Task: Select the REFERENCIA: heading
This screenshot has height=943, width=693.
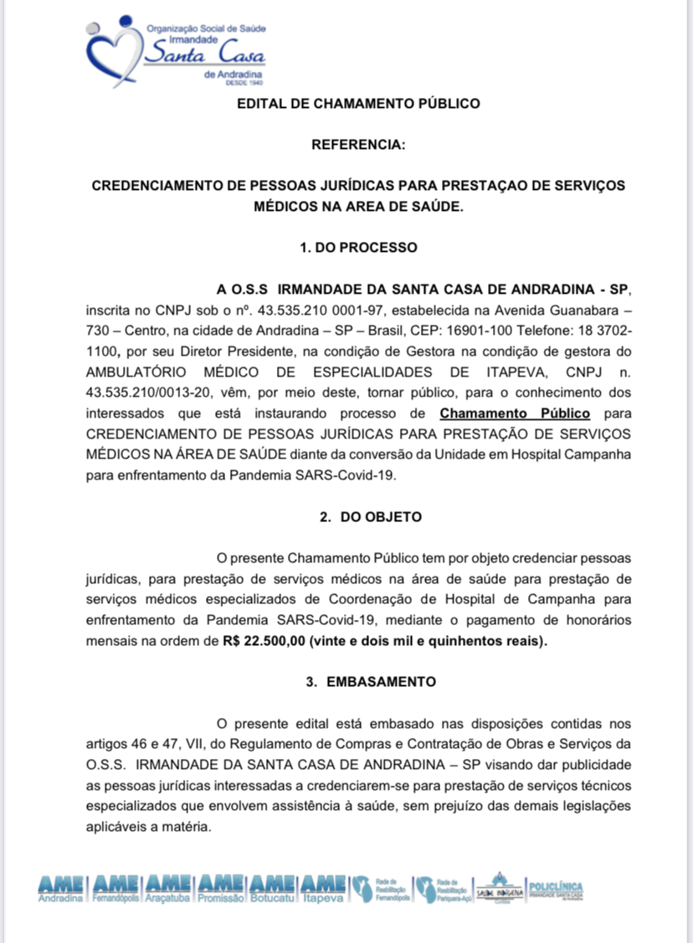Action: coord(358,145)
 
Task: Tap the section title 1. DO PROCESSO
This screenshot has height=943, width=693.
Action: coord(358,248)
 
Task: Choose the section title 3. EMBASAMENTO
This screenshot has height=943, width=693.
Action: coord(370,681)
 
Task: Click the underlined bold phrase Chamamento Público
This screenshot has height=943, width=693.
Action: coord(515,413)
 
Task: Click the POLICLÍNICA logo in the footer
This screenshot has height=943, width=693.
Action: coord(556,889)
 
